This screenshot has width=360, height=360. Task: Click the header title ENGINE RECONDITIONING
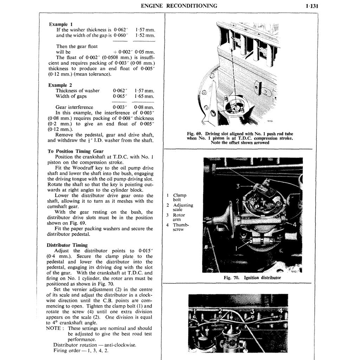click(179, 6)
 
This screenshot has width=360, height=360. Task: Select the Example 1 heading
click(61, 24)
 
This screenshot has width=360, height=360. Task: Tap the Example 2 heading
click(60, 85)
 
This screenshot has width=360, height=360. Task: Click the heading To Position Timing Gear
click(75, 151)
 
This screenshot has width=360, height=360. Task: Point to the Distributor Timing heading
click(67, 245)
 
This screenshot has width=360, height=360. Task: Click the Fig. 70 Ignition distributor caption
click(252, 277)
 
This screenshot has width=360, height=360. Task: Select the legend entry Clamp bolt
click(179, 197)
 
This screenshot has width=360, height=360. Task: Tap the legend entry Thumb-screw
click(181, 227)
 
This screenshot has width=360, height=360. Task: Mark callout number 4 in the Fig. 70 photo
click(295, 224)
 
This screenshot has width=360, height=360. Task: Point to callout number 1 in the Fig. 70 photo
click(237, 248)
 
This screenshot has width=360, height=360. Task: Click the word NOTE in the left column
click(54, 328)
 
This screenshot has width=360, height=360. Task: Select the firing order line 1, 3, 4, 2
click(81, 351)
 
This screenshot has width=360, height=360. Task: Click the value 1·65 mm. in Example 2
click(144, 96)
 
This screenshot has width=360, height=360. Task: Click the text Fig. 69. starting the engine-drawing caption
click(195, 134)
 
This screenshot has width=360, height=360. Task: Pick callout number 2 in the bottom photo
click(220, 310)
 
